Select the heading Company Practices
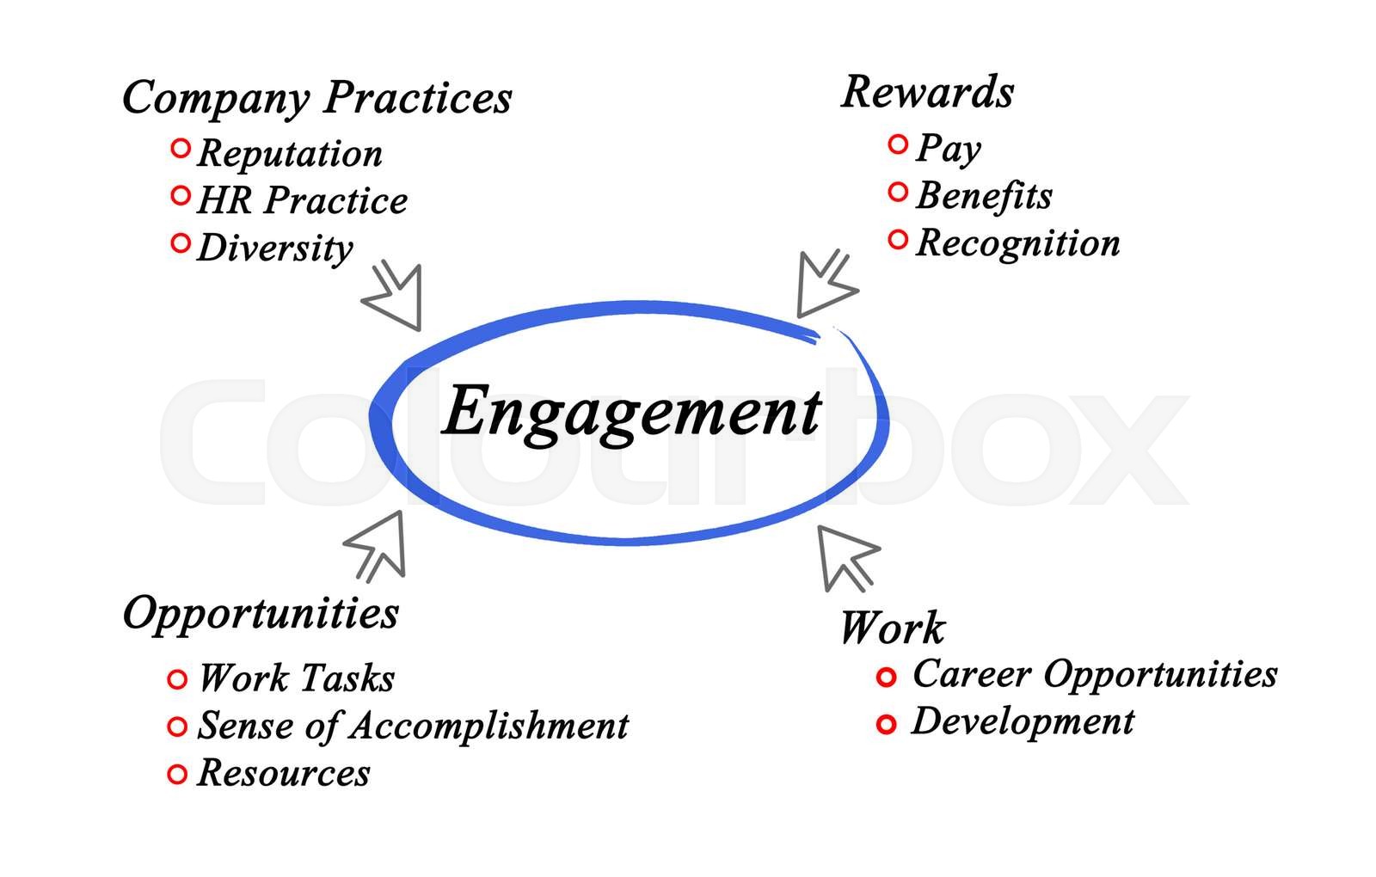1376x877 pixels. pos(316,97)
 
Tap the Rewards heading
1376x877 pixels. pos(927,92)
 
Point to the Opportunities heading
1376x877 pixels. pos(261,614)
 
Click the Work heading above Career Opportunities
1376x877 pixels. pos(891,628)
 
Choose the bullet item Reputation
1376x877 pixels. pos(290,154)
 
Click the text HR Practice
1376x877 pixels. pos(302,200)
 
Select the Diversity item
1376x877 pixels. pos(275,248)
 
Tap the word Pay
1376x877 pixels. pos(948,148)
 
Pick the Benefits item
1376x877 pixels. pos(984,195)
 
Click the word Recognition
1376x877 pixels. pos(1018,242)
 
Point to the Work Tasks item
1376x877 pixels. pos(297,678)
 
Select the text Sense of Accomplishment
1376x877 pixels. pos(413,726)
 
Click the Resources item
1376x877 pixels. pos(284,773)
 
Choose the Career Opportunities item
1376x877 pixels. pos(1095,674)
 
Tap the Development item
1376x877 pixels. pos(1023,721)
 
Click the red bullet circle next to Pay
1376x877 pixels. pos(898,144)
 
